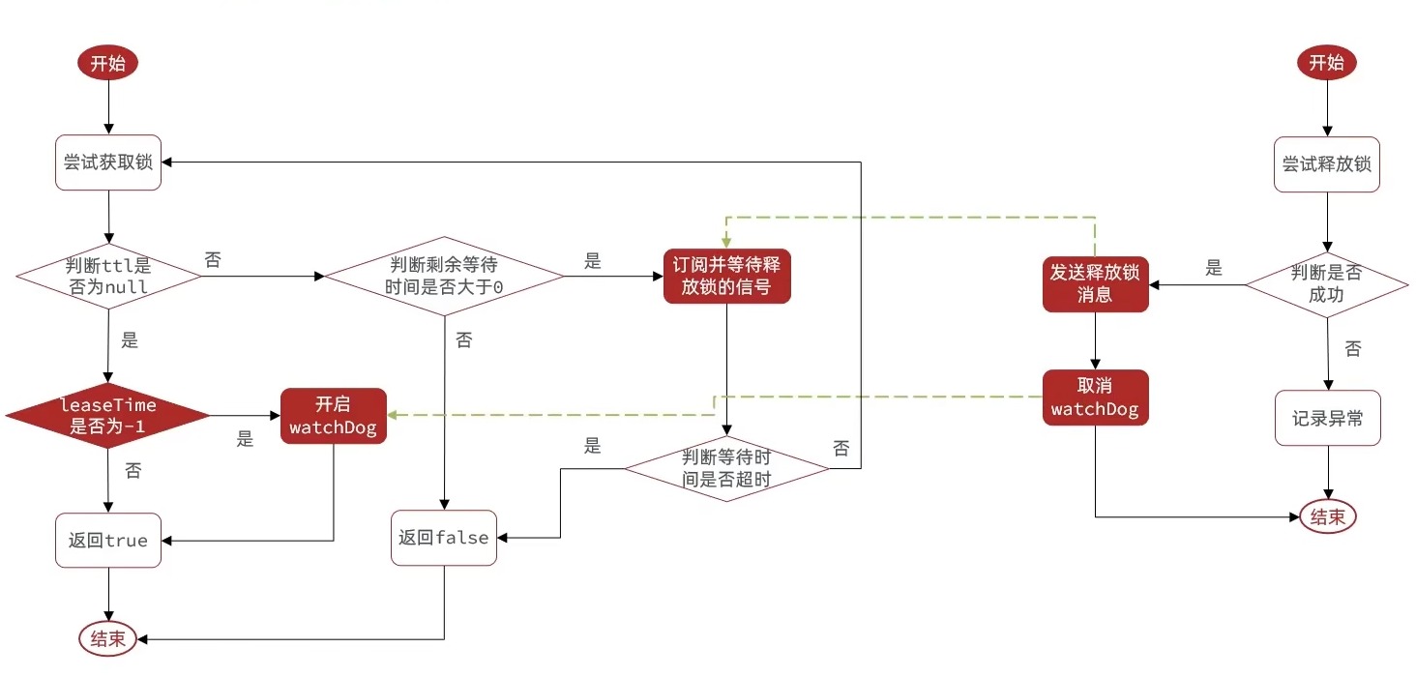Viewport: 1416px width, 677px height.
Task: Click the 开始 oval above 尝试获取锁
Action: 107,64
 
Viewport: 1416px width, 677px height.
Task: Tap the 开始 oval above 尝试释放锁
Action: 1326,64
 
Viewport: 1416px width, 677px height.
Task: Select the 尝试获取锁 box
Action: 107,162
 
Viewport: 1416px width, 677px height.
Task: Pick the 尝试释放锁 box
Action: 1326,163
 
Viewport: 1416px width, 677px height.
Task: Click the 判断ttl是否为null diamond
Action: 107,276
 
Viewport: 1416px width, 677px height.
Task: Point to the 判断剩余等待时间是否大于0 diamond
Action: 443,276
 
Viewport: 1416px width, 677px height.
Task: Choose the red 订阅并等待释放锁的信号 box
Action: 726,276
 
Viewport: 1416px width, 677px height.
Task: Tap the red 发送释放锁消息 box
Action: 1095,284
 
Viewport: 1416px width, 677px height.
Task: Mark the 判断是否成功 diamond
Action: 1326,284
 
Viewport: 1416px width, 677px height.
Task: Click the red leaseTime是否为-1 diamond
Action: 107,416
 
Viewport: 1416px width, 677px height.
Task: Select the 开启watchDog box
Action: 334,416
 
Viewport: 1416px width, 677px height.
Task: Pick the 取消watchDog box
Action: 1095,397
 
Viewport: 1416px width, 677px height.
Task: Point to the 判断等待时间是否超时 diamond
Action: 726,469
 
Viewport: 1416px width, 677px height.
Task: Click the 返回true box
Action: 107,540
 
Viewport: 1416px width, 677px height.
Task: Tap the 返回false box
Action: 444,538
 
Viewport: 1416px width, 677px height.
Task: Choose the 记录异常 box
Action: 1326,418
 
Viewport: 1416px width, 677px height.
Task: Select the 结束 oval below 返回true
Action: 107,638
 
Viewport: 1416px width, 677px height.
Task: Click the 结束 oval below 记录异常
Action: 1326,516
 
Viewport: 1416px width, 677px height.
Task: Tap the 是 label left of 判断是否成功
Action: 1214,269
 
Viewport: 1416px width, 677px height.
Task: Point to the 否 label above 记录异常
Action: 1352,349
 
